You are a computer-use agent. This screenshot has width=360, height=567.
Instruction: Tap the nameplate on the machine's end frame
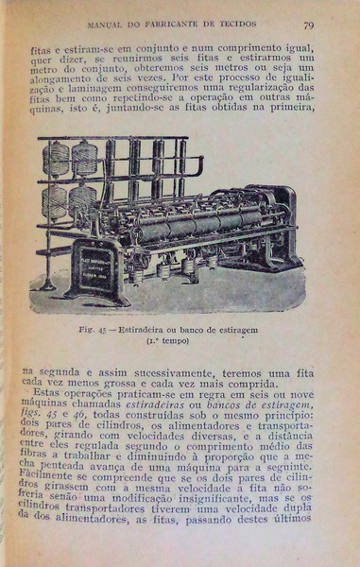(92, 269)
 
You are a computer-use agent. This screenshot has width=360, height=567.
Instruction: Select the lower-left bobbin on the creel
(57, 201)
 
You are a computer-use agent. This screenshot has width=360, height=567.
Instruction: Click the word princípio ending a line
(285, 418)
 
